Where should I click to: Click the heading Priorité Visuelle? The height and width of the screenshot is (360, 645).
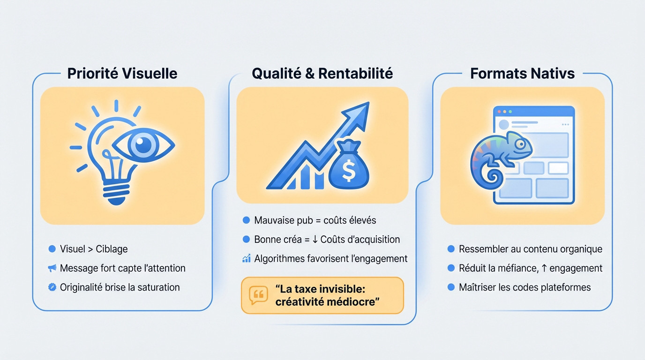(x=122, y=74)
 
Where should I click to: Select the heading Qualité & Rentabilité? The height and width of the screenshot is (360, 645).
(x=322, y=74)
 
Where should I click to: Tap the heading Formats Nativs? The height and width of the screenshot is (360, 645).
(x=522, y=74)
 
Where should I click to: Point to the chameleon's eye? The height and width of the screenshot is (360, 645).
(x=519, y=143)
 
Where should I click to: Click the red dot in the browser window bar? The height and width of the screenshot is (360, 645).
(x=499, y=112)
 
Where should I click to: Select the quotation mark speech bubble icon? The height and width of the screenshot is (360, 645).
(x=258, y=295)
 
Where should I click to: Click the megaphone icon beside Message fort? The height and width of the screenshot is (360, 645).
(x=52, y=268)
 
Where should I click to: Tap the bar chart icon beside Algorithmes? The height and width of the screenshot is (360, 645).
(x=247, y=258)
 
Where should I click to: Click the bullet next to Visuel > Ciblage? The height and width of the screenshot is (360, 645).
(x=52, y=249)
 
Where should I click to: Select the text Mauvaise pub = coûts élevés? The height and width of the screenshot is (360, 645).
(x=315, y=220)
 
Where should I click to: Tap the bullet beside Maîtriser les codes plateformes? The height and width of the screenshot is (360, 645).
(x=451, y=287)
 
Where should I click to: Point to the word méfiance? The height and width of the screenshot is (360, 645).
(x=516, y=268)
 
